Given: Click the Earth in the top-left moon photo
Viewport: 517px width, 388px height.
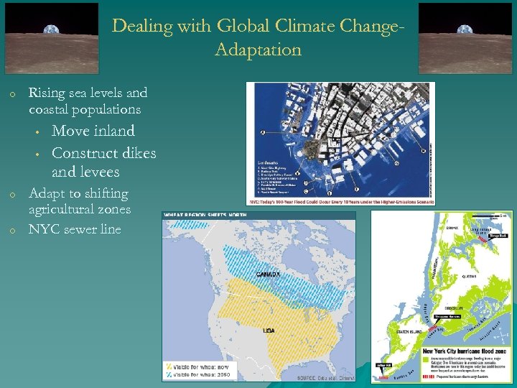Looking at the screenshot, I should pyautogui.click(x=49, y=30).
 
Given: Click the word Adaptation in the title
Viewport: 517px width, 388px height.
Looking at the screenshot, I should pyautogui.click(x=257, y=50).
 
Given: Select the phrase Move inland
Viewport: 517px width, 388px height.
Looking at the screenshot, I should pyautogui.click(x=93, y=131).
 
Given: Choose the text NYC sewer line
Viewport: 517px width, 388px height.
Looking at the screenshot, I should pyautogui.click(x=75, y=229).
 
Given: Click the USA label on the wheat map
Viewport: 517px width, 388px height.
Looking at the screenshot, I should pyautogui.click(x=269, y=330).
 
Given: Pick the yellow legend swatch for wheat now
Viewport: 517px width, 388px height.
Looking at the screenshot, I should pyautogui.click(x=169, y=365).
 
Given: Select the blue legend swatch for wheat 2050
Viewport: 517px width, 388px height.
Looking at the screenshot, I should pyautogui.click(x=169, y=374).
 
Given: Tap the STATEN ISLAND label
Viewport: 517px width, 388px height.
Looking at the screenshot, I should pyautogui.click(x=406, y=332).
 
